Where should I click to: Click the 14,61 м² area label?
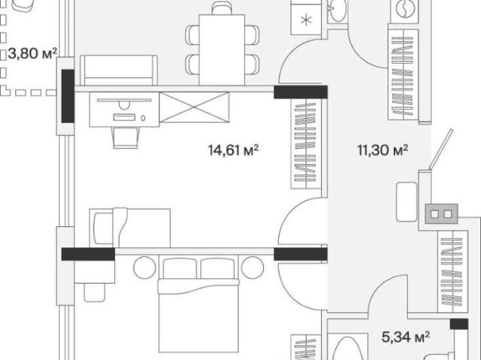tap(233, 150)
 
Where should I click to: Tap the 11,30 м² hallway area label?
tap(383, 150)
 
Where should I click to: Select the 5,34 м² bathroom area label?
tap(405, 337)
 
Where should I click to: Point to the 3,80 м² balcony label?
tap(32, 53)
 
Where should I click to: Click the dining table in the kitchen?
tap(222, 50)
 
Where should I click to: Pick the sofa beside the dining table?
tap(119, 70)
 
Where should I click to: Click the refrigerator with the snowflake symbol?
tap(306, 17)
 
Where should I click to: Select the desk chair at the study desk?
tap(126, 138)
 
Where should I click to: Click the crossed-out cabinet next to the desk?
tap(194, 107)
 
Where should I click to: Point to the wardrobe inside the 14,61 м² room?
tap(306, 144)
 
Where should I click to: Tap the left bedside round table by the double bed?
tap(144, 268)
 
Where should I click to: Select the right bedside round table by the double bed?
tap(253, 268)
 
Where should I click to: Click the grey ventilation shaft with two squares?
tap(441, 213)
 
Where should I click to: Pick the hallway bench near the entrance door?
tap(407, 201)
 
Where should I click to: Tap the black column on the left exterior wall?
tap(68, 96)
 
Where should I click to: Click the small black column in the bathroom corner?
tap(459, 324)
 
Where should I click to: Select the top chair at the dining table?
tap(222, 8)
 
